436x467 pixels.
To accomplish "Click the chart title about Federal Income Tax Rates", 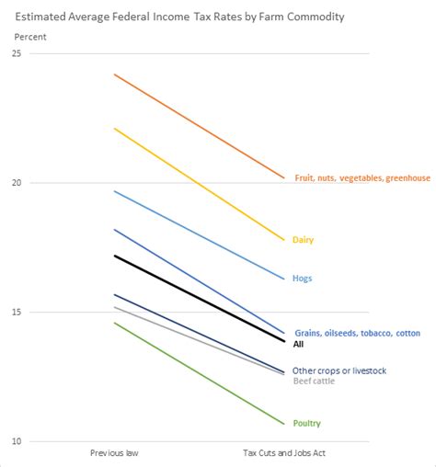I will [179, 17].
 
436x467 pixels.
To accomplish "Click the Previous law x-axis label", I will [113, 453].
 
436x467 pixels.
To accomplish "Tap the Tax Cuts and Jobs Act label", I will [285, 453].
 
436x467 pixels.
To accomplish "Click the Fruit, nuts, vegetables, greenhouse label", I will [361, 177].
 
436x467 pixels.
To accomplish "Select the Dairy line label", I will [303, 240].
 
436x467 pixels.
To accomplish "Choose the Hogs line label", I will [302, 278].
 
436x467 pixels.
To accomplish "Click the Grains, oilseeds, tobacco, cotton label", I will [356, 333].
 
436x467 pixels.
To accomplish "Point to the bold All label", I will [298, 344].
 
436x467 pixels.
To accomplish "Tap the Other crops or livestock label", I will [339, 370].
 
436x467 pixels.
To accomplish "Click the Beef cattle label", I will [313, 381].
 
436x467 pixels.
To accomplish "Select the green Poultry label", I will [306, 423].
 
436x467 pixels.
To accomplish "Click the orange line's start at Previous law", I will [114, 74].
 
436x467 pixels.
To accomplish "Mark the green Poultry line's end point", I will [284, 424].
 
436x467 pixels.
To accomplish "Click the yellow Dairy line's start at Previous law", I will [114, 129].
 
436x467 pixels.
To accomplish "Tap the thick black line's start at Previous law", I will [114, 256].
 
